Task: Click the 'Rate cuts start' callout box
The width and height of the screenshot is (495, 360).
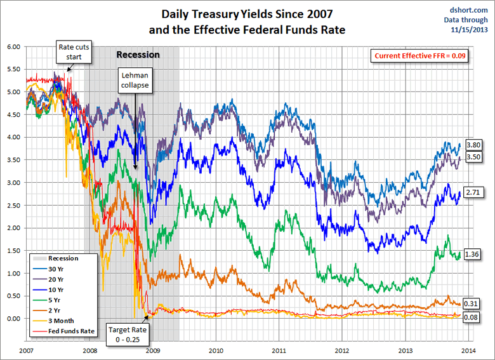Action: (x=75, y=52)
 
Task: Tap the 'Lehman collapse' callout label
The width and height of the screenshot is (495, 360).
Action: (x=135, y=81)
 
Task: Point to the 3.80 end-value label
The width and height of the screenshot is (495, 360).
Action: (x=473, y=145)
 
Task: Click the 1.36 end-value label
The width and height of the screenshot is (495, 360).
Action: (x=472, y=253)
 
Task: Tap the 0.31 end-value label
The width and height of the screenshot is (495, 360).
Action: (x=472, y=303)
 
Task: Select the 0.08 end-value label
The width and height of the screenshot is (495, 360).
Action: (x=472, y=317)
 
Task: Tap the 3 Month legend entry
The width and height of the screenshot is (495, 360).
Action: (x=62, y=321)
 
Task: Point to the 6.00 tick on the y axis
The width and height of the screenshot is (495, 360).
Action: (x=14, y=46)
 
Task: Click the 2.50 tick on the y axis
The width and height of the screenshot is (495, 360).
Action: (x=14, y=205)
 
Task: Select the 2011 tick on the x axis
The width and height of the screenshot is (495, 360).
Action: (x=279, y=350)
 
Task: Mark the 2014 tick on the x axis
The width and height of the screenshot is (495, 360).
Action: (x=468, y=350)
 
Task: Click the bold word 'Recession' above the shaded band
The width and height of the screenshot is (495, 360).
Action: (x=138, y=55)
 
